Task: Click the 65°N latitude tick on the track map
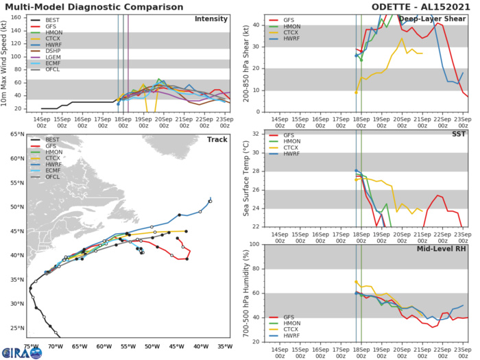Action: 14,134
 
